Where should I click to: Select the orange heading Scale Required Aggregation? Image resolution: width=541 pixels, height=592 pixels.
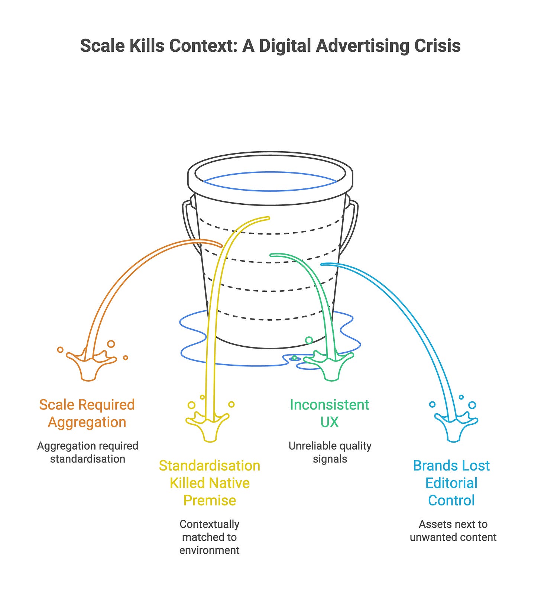[x=87, y=413]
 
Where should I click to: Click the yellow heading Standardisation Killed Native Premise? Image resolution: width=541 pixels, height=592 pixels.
[x=210, y=483]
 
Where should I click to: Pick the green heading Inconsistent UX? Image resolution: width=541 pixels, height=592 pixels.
[x=330, y=413]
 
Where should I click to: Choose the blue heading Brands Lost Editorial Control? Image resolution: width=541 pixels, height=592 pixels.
[x=451, y=483]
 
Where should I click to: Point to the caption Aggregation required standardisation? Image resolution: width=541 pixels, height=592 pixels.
[x=88, y=452]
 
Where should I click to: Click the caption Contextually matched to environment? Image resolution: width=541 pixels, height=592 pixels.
[x=210, y=537]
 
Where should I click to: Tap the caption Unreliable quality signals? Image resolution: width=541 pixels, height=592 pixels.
[x=330, y=452]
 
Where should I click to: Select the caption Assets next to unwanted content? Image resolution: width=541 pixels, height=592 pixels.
[x=453, y=531]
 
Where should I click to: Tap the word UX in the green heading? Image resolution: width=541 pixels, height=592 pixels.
[x=330, y=422]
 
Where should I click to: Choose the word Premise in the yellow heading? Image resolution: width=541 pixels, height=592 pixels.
[x=210, y=500]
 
